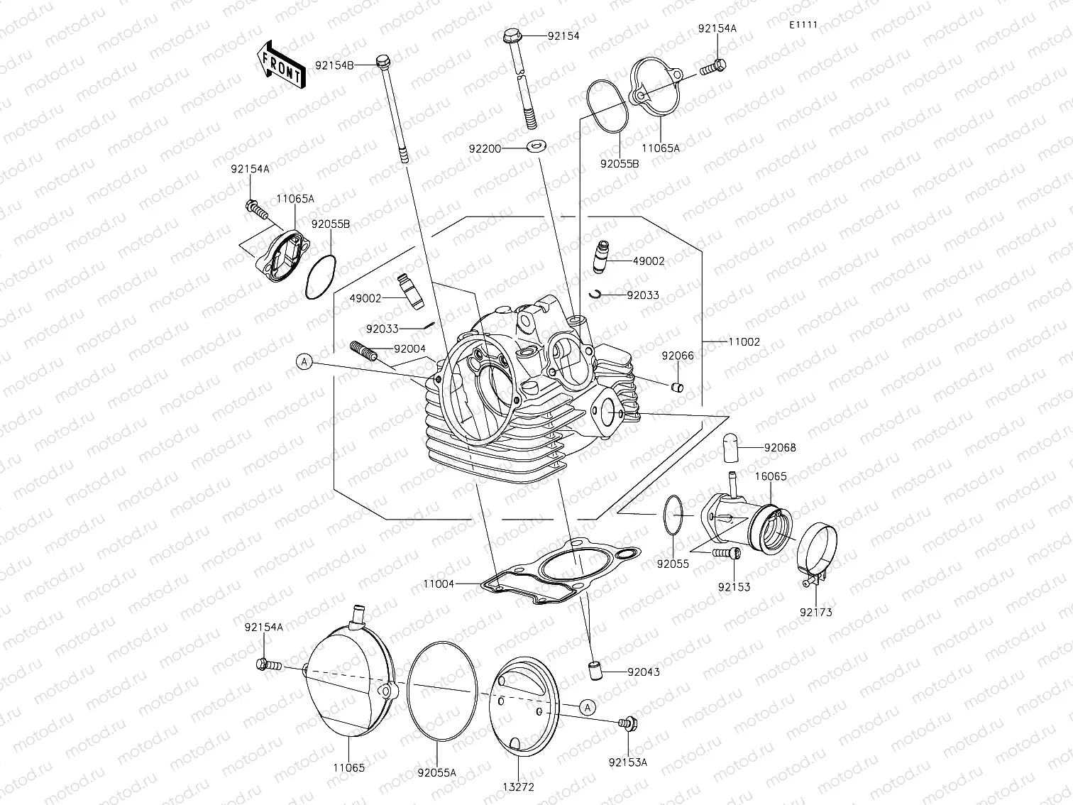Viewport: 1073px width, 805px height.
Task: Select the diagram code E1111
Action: coord(803,24)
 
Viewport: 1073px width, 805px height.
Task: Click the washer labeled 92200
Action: coord(536,148)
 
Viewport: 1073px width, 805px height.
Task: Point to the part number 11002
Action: coord(744,341)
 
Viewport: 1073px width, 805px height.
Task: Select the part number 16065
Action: coord(770,476)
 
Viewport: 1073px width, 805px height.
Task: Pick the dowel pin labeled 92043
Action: coord(593,669)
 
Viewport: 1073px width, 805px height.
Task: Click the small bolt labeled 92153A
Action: coord(627,723)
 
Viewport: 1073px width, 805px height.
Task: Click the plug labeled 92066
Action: coord(677,386)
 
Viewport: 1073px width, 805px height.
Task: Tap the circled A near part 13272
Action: coord(587,706)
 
